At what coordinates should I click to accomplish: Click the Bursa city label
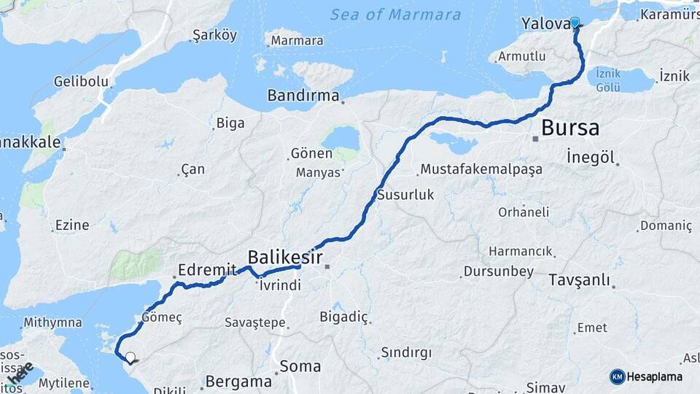coord(570,128)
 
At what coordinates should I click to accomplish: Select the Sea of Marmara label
coord(395,15)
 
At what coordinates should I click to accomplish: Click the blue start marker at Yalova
coord(575,23)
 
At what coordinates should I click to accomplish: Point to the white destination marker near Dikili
coord(131,358)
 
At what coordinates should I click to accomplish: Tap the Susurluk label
coord(405,195)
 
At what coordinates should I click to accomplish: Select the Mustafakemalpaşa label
coord(481,170)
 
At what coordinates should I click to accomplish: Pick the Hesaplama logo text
coord(655,376)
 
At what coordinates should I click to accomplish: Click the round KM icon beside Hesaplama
coord(617,376)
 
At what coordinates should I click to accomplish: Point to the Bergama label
coord(238,381)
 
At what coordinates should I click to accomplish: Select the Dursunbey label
coord(494,271)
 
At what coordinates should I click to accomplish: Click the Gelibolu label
coord(81,82)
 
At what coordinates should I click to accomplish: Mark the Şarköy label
coord(214,35)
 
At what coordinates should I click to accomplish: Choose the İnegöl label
coord(591,155)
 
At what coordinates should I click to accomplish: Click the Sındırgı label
coord(405,353)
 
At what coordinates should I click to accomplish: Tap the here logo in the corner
coord(22,372)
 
